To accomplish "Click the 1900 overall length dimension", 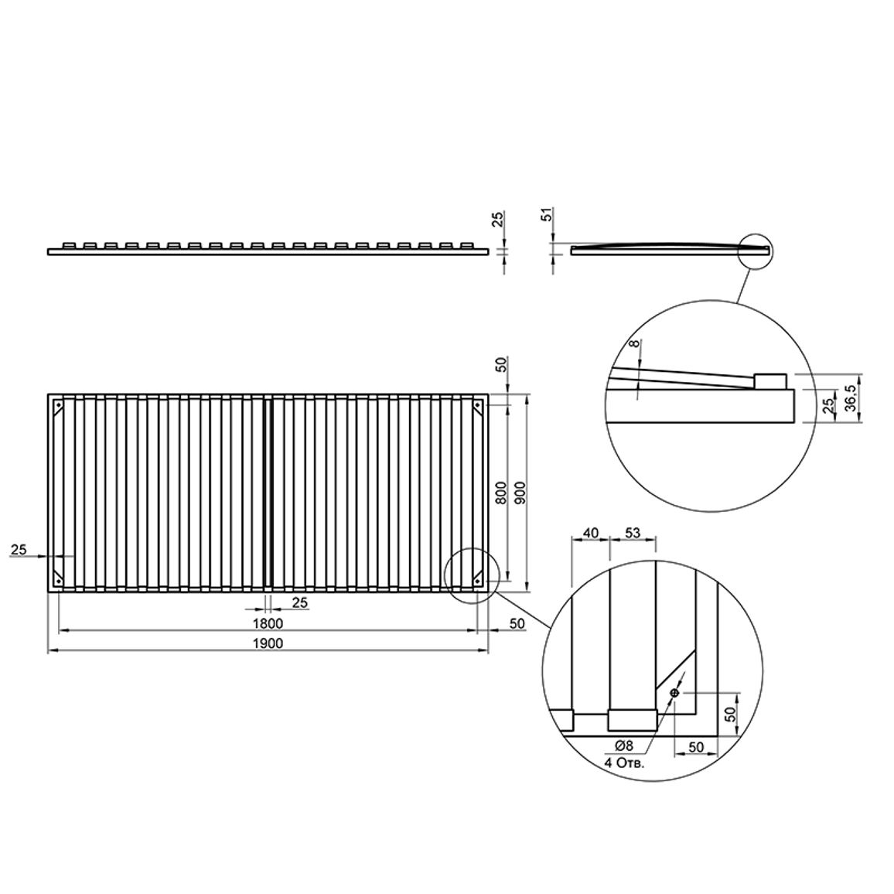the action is [x=268, y=643].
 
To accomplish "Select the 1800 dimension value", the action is [x=268, y=623].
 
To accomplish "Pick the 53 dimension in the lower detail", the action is [x=633, y=533].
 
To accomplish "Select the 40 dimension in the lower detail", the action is [x=591, y=533].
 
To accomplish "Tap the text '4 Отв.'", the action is [x=624, y=763].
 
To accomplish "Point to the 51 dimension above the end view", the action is [x=546, y=217].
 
